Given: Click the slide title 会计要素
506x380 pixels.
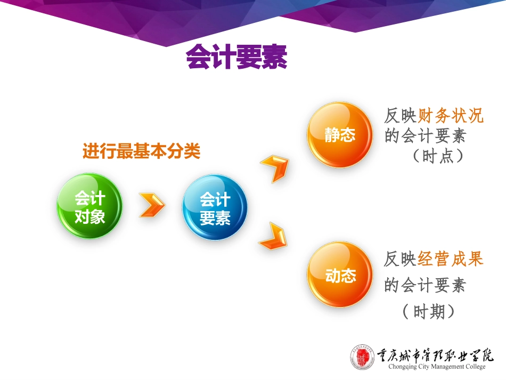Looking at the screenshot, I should point(236,57).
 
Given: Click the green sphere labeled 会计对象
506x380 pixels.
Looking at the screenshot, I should point(89,207).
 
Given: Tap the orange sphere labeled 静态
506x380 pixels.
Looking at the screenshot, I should point(339,135).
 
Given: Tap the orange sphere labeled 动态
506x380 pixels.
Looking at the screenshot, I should point(339,275).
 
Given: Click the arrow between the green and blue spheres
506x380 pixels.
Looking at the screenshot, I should point(152,206).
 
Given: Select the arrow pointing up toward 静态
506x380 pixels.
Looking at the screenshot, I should point(275,167).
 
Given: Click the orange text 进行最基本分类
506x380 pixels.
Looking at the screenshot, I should point(141,152).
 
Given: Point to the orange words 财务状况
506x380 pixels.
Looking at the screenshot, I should point(451,116).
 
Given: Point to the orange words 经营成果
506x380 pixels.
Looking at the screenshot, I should point(451,260).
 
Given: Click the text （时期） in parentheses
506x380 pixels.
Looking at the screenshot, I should point(429,311).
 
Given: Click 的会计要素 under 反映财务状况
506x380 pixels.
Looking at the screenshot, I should point(425,136).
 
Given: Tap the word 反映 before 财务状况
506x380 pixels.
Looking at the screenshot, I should point(400,116).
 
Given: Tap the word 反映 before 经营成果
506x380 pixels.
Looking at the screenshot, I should point(400,260).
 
